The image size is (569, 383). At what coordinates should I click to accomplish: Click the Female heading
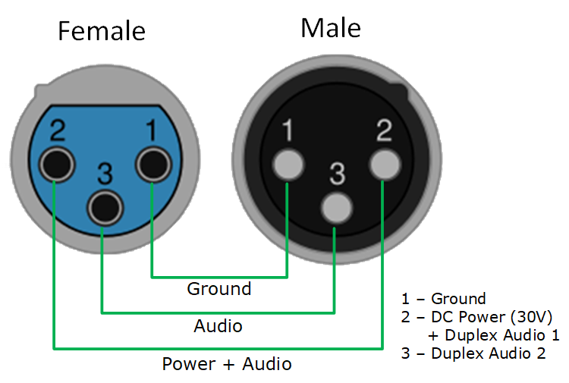pyautogui.click(x=102, y=31)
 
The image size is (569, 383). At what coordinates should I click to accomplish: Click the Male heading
pyautogui.click(x=331, y=28)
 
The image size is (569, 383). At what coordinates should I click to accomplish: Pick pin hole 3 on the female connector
pyautogui.click(x=105, y=206)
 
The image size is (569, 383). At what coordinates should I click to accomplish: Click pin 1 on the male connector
pyautogui.click(x=288, y=165)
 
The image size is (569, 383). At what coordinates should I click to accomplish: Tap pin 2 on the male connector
pyautogui.click(x=384, y=165)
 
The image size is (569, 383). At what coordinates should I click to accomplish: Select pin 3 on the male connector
pyautogui.click(x=335, y=206)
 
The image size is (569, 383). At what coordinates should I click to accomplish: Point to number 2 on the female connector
pyautogui.click(x=56, y=130)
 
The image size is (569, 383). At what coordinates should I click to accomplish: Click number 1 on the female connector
pyautogui.click(x=152, y=130)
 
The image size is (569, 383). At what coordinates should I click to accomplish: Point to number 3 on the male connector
pyautogui.click(x=336, y=174)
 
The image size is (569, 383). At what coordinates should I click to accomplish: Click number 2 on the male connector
pyautogui.click(x=384, y=131)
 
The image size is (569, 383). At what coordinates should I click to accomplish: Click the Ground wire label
pyautogui.click(x=219, y=289)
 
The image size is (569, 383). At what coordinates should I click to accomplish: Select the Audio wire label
pyautogui.click(x=218, y=326)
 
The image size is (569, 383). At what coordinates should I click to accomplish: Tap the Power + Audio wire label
pyautogui.click(x=227, y=364)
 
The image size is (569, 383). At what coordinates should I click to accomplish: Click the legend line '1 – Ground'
pyautogui.click(x=443, y=299)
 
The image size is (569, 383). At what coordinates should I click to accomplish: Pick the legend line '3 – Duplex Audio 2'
pyautogui.click(x=473, y=353)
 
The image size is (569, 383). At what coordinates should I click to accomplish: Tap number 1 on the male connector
pyautogui.click(x=288, y=131)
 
